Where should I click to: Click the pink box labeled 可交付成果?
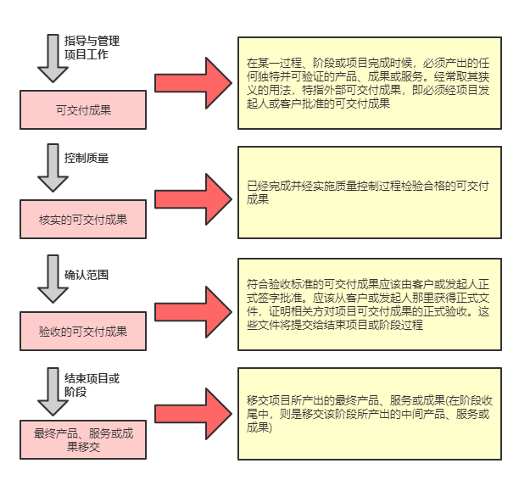[83, 109]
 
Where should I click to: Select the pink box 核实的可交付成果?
[83, 220]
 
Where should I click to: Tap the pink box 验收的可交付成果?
[83, 332]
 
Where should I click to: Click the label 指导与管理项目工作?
[92, 47]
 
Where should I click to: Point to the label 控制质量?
[86, 158]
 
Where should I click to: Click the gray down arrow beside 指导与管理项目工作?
[53, 58]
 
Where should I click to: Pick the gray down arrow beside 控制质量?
[53, 167]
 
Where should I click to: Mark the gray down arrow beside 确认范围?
[53, 279]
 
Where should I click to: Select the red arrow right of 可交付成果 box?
[193, 82]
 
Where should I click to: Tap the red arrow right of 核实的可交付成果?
[193, 194]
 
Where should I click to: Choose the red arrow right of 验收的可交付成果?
[193, 304]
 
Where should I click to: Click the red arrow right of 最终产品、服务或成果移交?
[193, 413]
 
